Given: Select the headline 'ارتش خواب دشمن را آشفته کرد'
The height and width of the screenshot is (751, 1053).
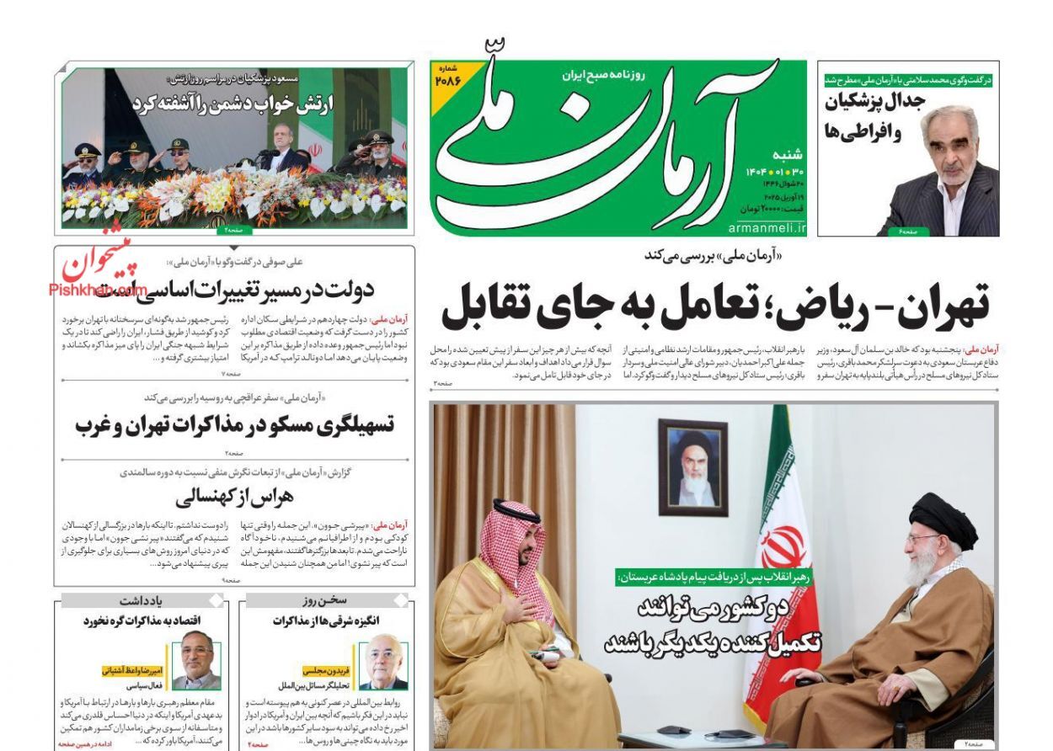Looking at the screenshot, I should [232, 104].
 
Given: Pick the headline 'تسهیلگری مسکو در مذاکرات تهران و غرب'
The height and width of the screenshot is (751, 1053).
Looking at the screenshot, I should [234, 424].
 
